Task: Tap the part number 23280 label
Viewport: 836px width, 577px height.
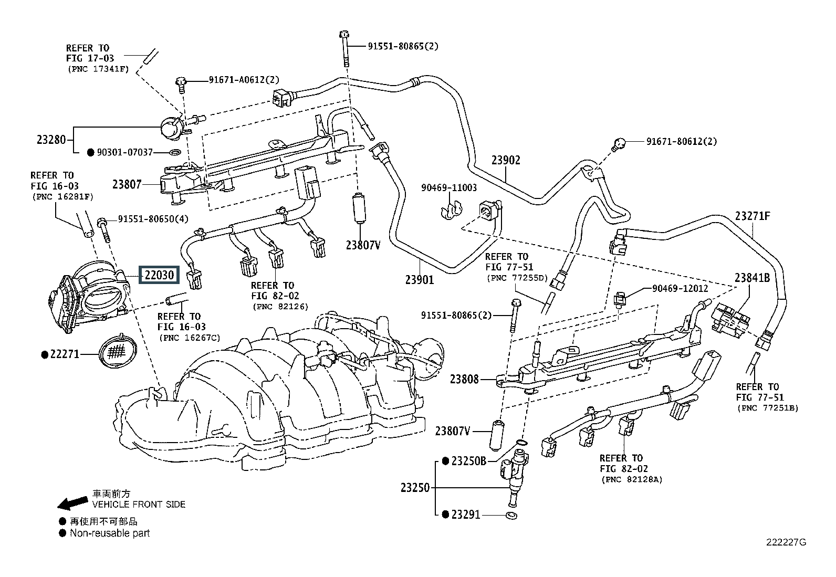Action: click(51, 140)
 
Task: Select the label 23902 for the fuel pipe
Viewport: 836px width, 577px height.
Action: click(506, 160)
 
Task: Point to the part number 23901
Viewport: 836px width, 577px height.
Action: click(420, 280)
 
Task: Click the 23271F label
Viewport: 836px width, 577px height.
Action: click(753, 216)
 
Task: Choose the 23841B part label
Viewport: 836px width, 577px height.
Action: click(752, 278)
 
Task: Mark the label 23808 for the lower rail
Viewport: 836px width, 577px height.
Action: click(464, 379)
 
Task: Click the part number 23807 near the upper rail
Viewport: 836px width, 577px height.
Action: click(127, 184)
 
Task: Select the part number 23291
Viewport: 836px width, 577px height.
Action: click(466, 515)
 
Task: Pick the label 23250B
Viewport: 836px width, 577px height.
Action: click(468, 461)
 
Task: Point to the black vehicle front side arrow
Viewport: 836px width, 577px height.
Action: click(72, 503)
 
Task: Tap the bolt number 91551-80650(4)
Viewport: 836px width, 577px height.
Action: click(153, 219)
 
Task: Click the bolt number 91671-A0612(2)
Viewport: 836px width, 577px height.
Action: click(244, 80)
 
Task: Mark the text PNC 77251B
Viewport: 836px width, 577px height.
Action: click(767, 407)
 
